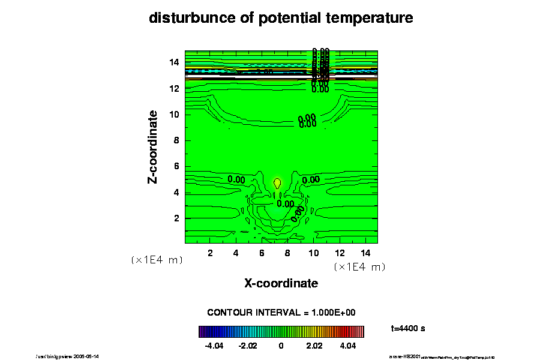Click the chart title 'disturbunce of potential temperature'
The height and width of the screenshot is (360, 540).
[x=281, y=18]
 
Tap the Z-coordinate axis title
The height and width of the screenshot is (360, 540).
[x=153, y=146]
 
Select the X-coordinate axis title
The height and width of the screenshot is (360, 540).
[x=281, y=283]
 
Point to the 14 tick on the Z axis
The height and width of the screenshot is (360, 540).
[x=174, y=62]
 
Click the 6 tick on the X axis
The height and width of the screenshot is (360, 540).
[x=262, y=253]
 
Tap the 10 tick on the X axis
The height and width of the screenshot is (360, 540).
[x=313, y=253]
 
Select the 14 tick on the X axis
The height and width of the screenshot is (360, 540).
[x=365, y=253]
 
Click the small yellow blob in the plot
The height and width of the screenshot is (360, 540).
[x=277, y=182]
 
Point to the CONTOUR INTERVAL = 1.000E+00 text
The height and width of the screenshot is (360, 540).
[x=281, y=313]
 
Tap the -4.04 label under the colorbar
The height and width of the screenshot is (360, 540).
[x=214, y=346]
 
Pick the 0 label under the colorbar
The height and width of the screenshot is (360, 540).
[x=281, y=346]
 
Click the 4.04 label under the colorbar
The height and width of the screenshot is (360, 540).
[x=348, y=346]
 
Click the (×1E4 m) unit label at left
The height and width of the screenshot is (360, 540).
[x=157, y=260]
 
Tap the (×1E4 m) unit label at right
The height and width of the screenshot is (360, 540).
[x=359, y=266]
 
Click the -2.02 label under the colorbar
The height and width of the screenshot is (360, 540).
[x=247, y=346]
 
